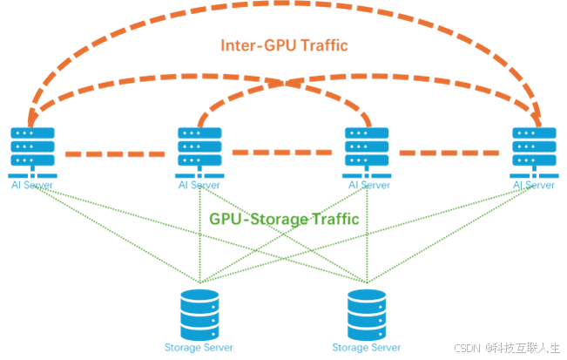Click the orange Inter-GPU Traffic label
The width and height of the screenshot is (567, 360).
[x=283, y=45]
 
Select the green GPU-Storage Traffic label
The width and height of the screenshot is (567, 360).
[x=284, y=218]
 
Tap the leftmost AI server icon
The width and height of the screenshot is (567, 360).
[x=32, y=148]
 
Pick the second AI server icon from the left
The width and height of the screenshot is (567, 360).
[x=199, y=148]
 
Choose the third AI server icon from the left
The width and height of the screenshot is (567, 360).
[x=366, y=148]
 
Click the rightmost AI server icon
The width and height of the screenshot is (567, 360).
[x=533, y=148]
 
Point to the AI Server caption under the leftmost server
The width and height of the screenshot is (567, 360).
[x=32, y=185]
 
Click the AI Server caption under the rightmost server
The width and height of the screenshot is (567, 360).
[x=533, y=185]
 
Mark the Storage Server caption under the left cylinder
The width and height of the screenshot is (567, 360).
[x=199, y=347]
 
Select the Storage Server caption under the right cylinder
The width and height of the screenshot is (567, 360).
[x=367, y=347]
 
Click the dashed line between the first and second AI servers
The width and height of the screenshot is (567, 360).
[x=115, y=153]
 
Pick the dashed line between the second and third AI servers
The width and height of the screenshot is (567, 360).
[x=282, y=153]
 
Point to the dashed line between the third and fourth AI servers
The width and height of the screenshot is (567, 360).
[x=449, y=153]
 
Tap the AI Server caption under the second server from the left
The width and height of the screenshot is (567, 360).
[x=199, y=185]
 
